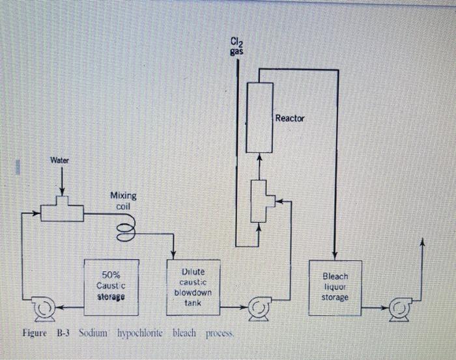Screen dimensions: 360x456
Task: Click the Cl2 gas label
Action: pyautogui.click(x=237, y=47)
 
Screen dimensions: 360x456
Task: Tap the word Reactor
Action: pyautogui.click(x=289, y=118)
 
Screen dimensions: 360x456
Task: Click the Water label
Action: pyautogui.click(x=61, y=159)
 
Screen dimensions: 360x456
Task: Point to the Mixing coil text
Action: pyautogui.click(x=123, y=201)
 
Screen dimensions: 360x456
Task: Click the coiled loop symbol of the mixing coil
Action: pyautogui.click(x=126, y=228)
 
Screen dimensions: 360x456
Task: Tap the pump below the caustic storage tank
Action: pyautogui.click(x=44, y=308)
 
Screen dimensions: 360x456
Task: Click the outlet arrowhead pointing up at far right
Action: pyautogui.click(x=423, y=242)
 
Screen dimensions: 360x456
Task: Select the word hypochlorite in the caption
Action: pyautogui.click(x=143, y=333)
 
